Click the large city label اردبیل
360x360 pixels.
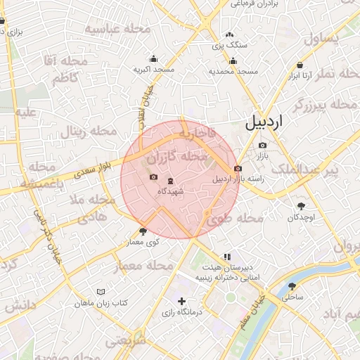(x=264, y=121)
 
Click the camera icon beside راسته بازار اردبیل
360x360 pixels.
(x=238, y=169)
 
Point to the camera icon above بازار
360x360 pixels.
(x=263, y=145)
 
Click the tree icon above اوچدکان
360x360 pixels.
(x=302, y=206)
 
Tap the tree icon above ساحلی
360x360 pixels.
(x=292, y=286)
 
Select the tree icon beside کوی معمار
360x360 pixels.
(x=143, y=231)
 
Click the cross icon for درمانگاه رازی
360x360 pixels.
(x=182, y=302)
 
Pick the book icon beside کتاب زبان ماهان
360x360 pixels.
(x=101, y=292)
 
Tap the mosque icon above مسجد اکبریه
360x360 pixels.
(x=153, y=59)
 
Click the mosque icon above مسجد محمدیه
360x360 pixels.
(x=233, y=61)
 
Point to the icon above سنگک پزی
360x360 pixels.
(x=229, y=34)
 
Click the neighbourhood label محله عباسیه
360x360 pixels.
(x=118, y=29)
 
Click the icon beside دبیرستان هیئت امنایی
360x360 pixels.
(x=226, y=257)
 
